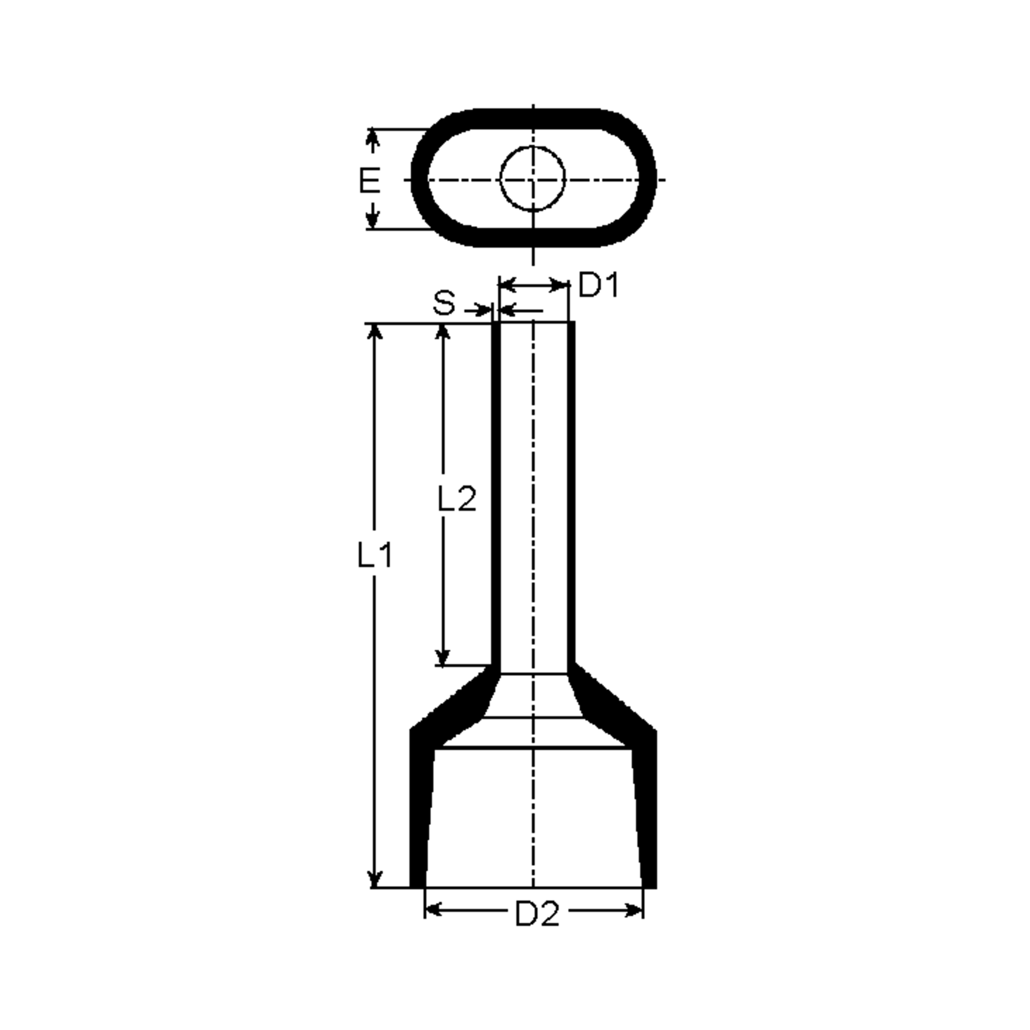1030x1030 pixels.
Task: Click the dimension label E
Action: click(370, 180)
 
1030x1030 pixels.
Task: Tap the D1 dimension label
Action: click(599, 285)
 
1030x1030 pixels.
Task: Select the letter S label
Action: click(444, 303)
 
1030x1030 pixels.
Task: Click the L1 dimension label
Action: click(374, 555)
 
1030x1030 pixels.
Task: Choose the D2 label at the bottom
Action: click(537, 914)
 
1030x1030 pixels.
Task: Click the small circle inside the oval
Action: click(532, 179)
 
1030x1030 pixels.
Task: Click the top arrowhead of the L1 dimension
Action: click(376, 332)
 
